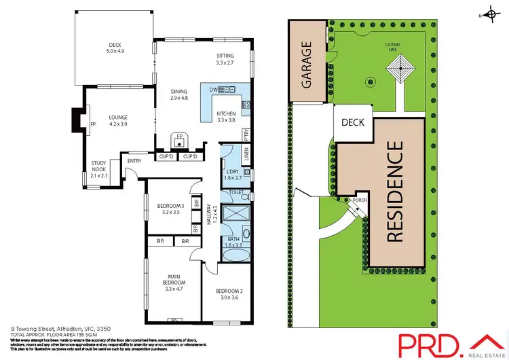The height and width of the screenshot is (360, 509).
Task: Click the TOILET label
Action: click(x=235, y=193)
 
